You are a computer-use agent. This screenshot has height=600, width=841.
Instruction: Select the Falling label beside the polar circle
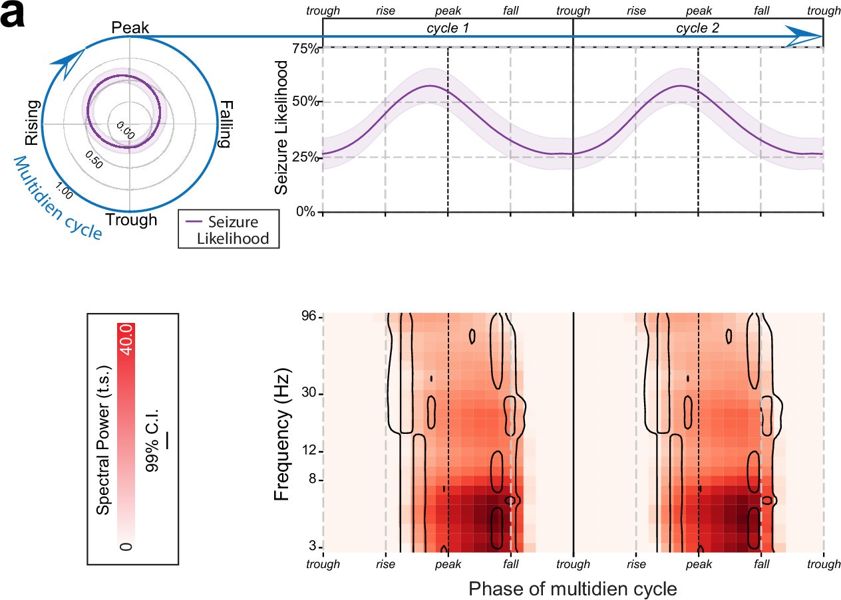[x=226, y=124]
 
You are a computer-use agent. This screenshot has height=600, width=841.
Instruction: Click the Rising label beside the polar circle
[x=33, y=122]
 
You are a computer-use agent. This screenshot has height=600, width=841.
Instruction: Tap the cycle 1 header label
[x=447, y=28]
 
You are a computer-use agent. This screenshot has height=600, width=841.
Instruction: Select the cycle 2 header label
[x=697, y=28]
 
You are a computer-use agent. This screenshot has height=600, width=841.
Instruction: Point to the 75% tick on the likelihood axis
[x=307, y=48]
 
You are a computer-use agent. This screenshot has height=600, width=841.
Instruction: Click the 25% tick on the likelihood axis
[x=307, y=157]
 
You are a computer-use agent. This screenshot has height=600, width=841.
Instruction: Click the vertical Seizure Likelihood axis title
[x=283, y=128]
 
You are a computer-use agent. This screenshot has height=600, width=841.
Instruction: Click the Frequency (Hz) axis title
[x=283, y=433]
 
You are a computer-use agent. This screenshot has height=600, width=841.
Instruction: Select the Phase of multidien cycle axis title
[x=573, y=588]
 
